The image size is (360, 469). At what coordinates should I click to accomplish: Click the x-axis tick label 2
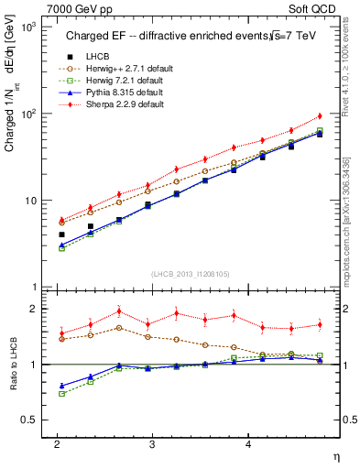coord(57,443)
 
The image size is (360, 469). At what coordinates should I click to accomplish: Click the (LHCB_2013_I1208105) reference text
coord(191,273)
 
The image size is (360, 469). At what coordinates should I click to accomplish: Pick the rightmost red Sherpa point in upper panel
coord(320,115)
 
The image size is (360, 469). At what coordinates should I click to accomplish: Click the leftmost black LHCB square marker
coord(61,234)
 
